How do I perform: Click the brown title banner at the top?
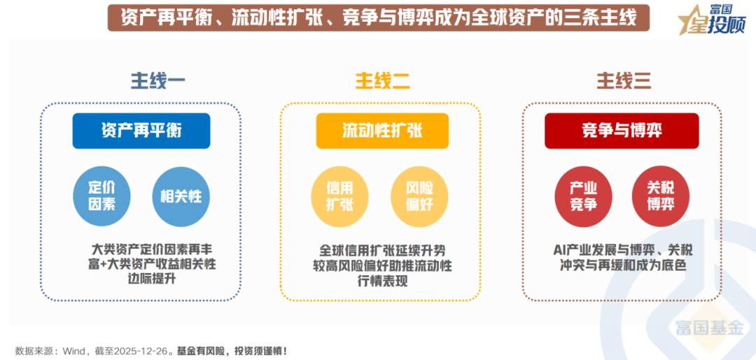pyautogui.click(x=378, y=17)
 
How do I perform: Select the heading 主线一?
pyautogui.click(x=158, y=81)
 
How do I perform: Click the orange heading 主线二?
pyautogui.click(x=383, y=81)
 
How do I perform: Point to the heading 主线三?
pyautogui.click(x=624, y=81)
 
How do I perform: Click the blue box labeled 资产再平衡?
pyautogui.click(x=141, y=131)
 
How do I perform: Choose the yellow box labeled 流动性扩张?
pyautogui.click(x=382, y=131)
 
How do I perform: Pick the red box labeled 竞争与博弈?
pyautogui.click(x=622, y=131)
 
